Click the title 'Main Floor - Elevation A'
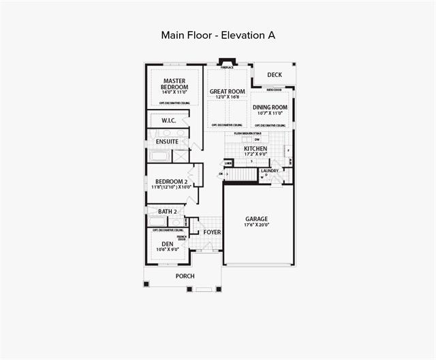pyautogui.click(x=218, y=35)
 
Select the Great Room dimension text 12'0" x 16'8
pyautogui.click(x=228, y=97)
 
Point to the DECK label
pyautogui.click(x=275, y=75)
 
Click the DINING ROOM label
pyautogui.click(x=270, y=107)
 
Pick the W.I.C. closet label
pyautogui.click(x=169, y=120)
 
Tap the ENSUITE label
pyautogui.click(x=166, y=142)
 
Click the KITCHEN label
pyautogui.click(x=255, y=148)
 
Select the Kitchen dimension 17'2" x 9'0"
pyautogui.click(x=255, y=154)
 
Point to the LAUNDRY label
pyautogui.click(x=270, y=171)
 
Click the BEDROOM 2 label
pyautogui.click(x=170, y=182)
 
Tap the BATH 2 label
pyautogui.click(x=168, y=212)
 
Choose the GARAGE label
pyautogui.click(x=257, y=219)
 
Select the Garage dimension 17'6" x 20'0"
pyautogui.click(x=257, y=225)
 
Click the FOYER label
pyautogui.click(x=212, y=233)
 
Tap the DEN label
pyautogui.click(x=167, y=244)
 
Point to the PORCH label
pyautogui.click(x=185, y=276)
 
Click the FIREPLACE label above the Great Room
pyautogui.click(x=228, y=67)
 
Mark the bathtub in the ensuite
pyautogui.click(x=159, y=156)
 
